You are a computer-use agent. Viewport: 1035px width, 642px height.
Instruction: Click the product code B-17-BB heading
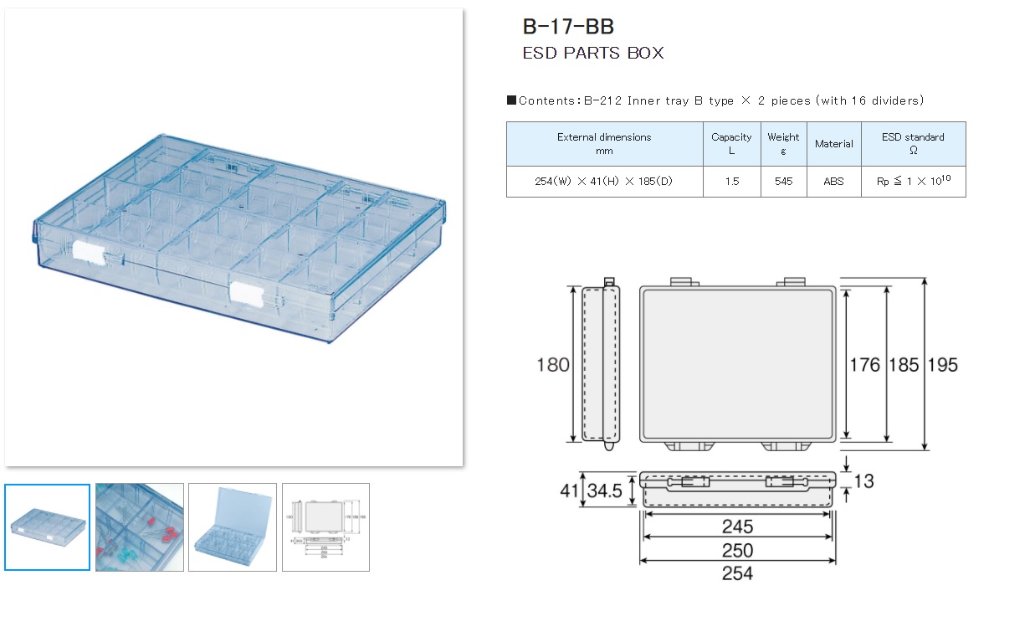568,26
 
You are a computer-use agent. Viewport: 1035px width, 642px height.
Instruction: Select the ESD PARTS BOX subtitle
592,53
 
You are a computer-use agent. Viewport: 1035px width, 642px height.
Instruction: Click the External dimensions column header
604,143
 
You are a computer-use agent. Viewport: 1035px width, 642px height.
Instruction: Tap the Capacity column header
731,143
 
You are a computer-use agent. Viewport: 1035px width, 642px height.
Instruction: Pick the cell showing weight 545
783,181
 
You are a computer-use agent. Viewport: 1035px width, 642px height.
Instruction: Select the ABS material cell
833,181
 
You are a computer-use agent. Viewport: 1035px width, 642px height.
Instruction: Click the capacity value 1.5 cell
731,181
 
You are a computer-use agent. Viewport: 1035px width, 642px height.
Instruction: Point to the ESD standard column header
913,143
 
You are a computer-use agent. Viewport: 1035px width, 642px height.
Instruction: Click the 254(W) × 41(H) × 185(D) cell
604,181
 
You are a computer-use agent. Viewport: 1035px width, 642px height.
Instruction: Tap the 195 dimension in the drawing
942,365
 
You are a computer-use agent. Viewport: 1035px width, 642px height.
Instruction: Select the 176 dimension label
865,365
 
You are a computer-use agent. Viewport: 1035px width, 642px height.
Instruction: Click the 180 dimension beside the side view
553,365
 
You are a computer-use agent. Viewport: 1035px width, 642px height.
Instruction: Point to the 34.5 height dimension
604,491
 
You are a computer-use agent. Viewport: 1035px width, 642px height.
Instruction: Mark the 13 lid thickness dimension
864,481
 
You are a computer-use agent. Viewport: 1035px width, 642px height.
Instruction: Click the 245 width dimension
737,527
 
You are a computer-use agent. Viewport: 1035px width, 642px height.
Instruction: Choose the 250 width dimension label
737,551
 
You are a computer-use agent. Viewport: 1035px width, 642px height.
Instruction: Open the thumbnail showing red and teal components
140,527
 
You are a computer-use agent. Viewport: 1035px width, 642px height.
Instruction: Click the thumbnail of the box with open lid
233,527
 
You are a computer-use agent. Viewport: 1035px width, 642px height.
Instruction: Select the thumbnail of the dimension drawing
325,527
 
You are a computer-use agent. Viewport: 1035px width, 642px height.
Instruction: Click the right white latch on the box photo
246,291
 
